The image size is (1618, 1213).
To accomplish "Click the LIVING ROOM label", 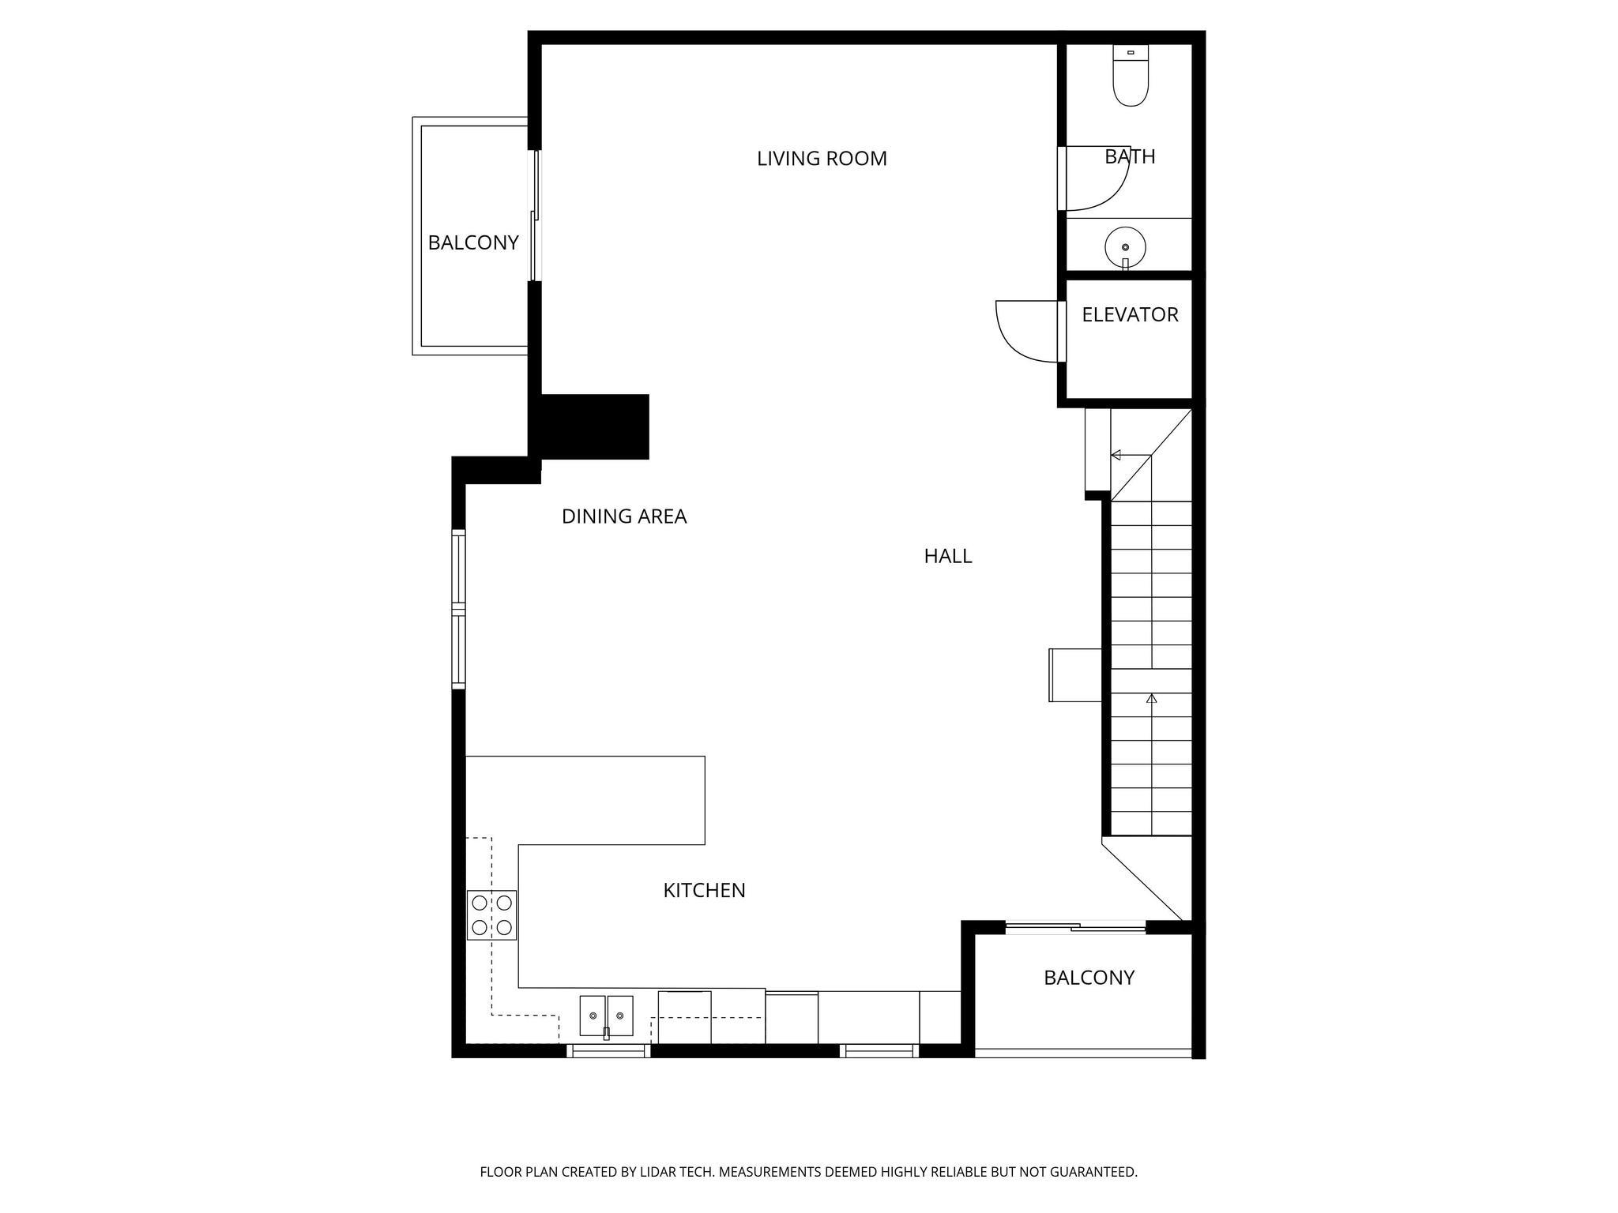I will [x=822, y=159].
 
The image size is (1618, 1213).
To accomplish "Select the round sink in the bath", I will [x=1125, y=246].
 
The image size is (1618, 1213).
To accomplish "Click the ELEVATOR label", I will [x=1130, y=315].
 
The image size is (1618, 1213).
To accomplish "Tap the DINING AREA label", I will [x=624, y=516].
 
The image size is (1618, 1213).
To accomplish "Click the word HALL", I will [x=947, y=557].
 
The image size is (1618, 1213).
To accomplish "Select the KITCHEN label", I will [x=704, y=891].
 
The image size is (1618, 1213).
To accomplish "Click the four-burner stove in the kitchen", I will [x=491, y=915].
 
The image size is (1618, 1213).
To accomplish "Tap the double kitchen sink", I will [x=606, y=1016].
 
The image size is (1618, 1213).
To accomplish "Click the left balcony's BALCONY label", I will [x=473, y=243].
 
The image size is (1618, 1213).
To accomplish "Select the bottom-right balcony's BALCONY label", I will [x=1089, y=978].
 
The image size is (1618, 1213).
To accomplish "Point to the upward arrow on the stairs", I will [x=1152, y=699].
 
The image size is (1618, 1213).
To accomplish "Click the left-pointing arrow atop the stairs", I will [x=1116, y=455].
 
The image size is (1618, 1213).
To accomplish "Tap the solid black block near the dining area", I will [x=594, y=426].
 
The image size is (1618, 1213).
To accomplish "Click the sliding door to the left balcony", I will [x=536, y=216].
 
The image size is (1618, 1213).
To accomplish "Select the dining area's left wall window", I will [x=458, y=609].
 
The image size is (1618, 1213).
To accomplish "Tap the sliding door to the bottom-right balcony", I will [x=1074, y=927].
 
